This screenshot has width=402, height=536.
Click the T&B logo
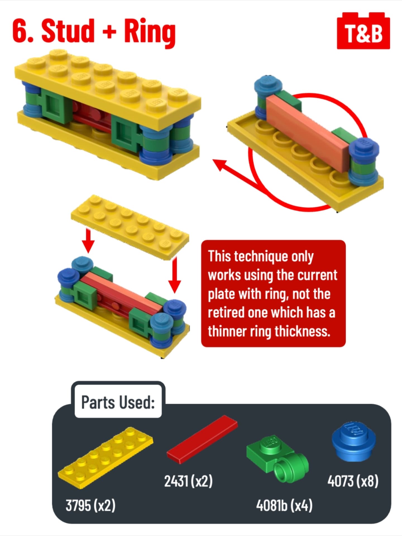pos(363,31)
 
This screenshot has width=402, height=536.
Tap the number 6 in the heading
pos(20,31)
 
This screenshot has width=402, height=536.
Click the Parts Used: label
pos(118,402)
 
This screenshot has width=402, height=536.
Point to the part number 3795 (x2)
pos(90,505)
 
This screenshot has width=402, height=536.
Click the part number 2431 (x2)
pos(188,481)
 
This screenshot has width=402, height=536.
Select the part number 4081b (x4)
pos(284,505)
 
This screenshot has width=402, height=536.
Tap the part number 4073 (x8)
pos(353,481)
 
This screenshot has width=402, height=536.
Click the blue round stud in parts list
pos(354,441)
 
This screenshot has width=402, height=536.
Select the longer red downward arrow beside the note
pos(175,275)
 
